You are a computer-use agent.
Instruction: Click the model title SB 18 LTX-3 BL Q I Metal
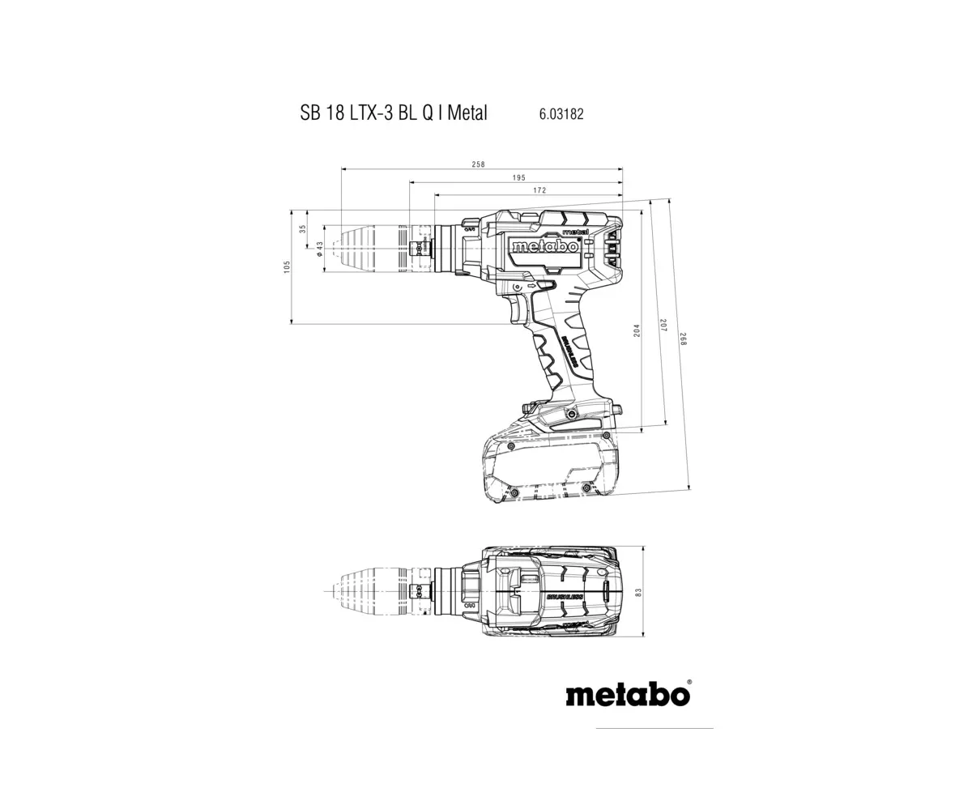click(x=394, y=113)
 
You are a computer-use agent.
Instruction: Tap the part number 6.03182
click(x=561, y=114)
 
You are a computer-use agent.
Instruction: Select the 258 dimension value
click(x=478, y=164)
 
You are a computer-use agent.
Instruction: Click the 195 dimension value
click(x=518, y=178)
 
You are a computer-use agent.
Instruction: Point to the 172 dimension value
click(x=539, y=190)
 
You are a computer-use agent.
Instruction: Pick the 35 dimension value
click(x=303, y=229)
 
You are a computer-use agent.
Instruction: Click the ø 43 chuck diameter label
click(x=319, y=249)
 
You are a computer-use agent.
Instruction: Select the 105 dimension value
click(x=287, y=266)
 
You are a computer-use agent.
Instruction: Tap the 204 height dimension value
click(x=637, y=330)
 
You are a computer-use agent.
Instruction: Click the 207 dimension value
click(x=663, y=326)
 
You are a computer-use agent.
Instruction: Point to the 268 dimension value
click(x=683, y=339)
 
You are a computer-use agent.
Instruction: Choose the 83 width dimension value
click(x=638, y=593)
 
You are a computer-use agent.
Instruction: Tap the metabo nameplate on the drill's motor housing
click(x=544, y=246)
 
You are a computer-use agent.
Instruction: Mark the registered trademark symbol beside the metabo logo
click(x=689, y=682)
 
